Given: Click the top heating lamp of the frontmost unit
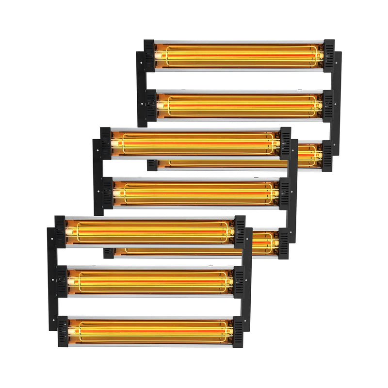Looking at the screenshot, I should coord(150,232).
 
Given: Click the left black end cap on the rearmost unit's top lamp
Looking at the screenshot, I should coord(149,55).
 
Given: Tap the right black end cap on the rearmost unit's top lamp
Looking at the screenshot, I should coord(329,55).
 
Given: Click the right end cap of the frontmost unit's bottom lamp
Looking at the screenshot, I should coord(238,332).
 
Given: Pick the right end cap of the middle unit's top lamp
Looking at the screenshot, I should coord(285,144).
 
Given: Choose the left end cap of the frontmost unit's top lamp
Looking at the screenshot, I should coord(60,232).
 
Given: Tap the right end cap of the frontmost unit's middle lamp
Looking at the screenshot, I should coord(239,281).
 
